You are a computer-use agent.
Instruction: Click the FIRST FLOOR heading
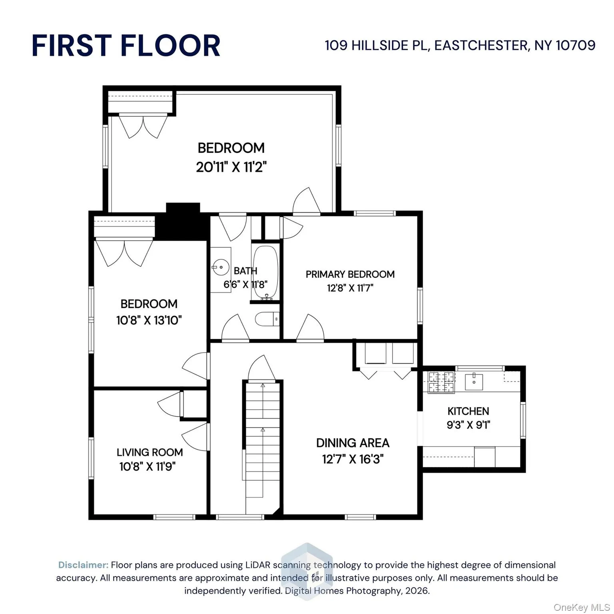click(x=126, y=46)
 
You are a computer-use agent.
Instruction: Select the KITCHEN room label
click(x=468, y=411)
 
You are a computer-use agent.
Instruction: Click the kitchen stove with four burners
click(x=441, y=382)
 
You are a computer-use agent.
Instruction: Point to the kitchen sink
click(x=474, y=382)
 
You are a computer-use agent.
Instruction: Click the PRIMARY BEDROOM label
click(x=350, y=274)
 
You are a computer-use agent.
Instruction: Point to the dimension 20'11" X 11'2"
click(x=231, y=167)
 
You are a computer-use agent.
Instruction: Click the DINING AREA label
click(x=353, y=443)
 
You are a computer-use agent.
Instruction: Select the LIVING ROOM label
click(x=150, y=452)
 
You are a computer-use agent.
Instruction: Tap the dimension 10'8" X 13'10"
click(x=149, y=320)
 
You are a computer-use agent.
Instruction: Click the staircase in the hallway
click(x=263, y=440)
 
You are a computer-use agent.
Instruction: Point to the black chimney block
click(x=183, y=222)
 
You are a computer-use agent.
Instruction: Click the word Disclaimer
click(x=83, y=565)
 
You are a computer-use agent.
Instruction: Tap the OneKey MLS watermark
click(x=582, y=608)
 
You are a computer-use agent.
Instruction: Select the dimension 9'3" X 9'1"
click(x=468, y=425)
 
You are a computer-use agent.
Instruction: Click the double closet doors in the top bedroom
click(x=143, y=125)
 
